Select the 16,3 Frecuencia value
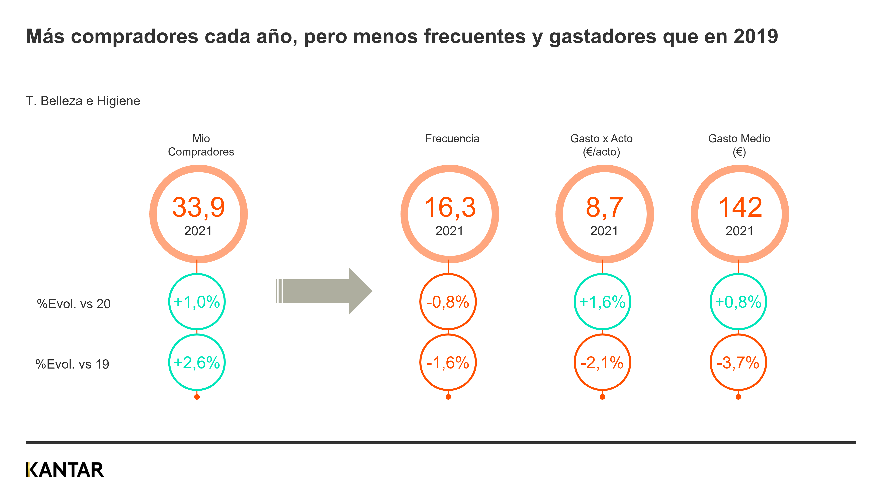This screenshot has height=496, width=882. tap(450, 207)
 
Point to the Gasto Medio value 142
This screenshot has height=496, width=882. tap(739, 207)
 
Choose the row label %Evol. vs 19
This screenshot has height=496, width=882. tap(72, 364)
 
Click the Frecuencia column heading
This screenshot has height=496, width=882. tap(452, 139)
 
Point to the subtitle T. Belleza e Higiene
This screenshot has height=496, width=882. tap(83, 101)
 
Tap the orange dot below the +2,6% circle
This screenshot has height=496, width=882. tap(197, 397)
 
